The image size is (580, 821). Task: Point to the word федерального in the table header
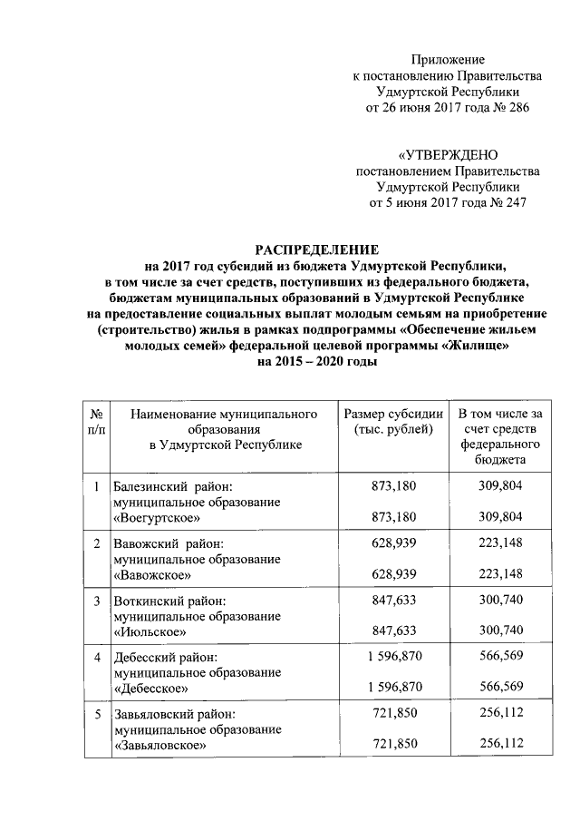499,445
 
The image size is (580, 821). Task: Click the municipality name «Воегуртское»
156,517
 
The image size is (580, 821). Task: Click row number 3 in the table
96,601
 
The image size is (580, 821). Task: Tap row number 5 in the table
96,714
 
